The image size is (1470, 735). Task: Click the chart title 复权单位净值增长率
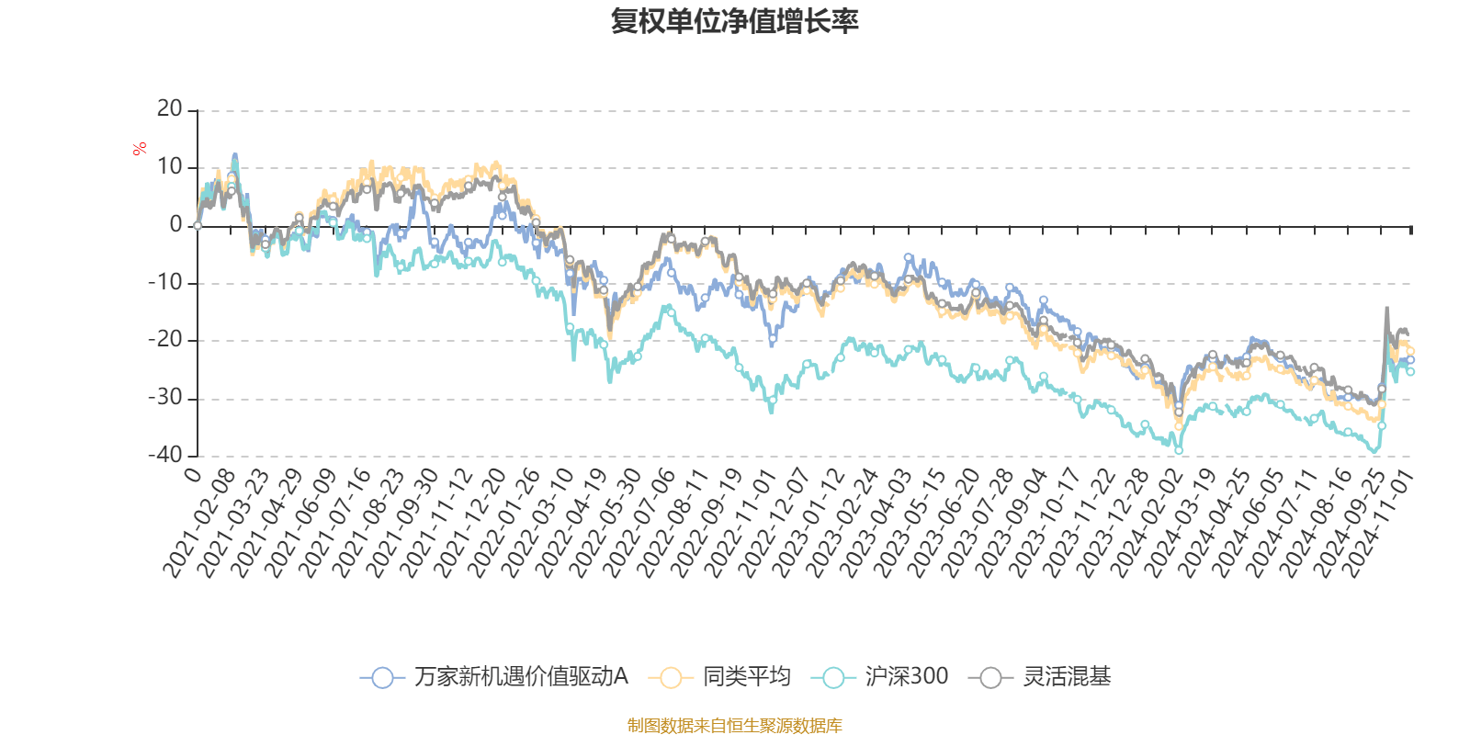(x=734, y=21)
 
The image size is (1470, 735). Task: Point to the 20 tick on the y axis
(x=170, y=109)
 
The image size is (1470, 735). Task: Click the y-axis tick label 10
(x=170, y=167)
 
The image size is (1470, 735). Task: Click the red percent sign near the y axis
(x=140, y=149)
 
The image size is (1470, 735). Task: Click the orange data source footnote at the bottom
(x=734, y=726)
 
